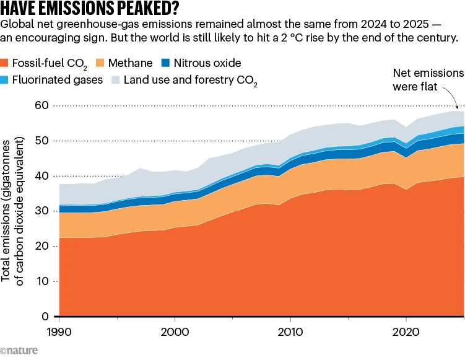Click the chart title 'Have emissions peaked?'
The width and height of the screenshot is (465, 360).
[90, 8]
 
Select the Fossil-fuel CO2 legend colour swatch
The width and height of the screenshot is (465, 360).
[4, 63]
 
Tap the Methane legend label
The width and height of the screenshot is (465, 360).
[130, 63]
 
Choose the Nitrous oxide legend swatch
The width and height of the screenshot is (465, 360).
[165, 63]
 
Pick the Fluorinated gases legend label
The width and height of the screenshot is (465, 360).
[57, 80]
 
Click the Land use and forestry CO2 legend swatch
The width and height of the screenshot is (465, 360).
[115, 80]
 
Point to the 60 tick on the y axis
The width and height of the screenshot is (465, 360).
[41, 105]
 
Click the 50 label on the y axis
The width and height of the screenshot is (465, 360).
[41, 141]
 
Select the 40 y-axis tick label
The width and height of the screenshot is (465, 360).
[41, 176]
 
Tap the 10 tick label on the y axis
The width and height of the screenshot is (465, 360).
[42, 281]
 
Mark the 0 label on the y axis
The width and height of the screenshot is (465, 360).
[45, 317]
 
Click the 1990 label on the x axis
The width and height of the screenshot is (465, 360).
[59, 331]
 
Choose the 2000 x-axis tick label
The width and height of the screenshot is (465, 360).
[175, 331]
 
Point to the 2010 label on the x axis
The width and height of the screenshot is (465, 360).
[290, 331]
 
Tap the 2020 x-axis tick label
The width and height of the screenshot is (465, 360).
[406, 331]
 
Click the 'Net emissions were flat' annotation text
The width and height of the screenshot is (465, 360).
[428, 79]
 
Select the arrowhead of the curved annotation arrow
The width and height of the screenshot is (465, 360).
[457, 107]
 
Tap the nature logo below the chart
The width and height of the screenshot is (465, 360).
[19, 351]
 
